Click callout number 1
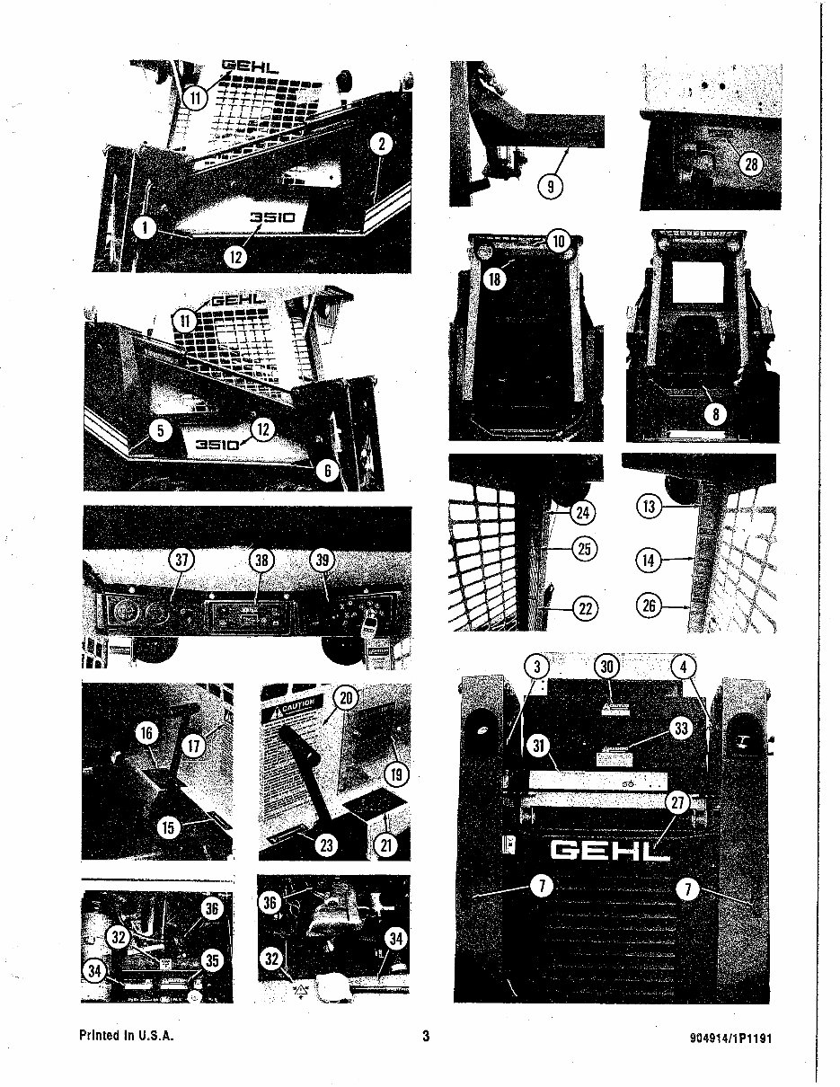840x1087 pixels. coord(143,226)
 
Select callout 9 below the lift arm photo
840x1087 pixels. coord(549,187)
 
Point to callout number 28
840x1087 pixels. coord(750,163)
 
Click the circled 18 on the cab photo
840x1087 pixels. coord(494,278)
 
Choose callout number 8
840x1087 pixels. coord(718,415)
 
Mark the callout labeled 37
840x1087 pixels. coord(182,560)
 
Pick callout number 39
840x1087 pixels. coord(323,560)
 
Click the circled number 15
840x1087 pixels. coord(169,827)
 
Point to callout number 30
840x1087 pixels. coord(608,666)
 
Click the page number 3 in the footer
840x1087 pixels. coord(426,1036)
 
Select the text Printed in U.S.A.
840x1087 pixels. coord(126,1036)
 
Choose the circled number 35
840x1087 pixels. coord(211,960)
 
